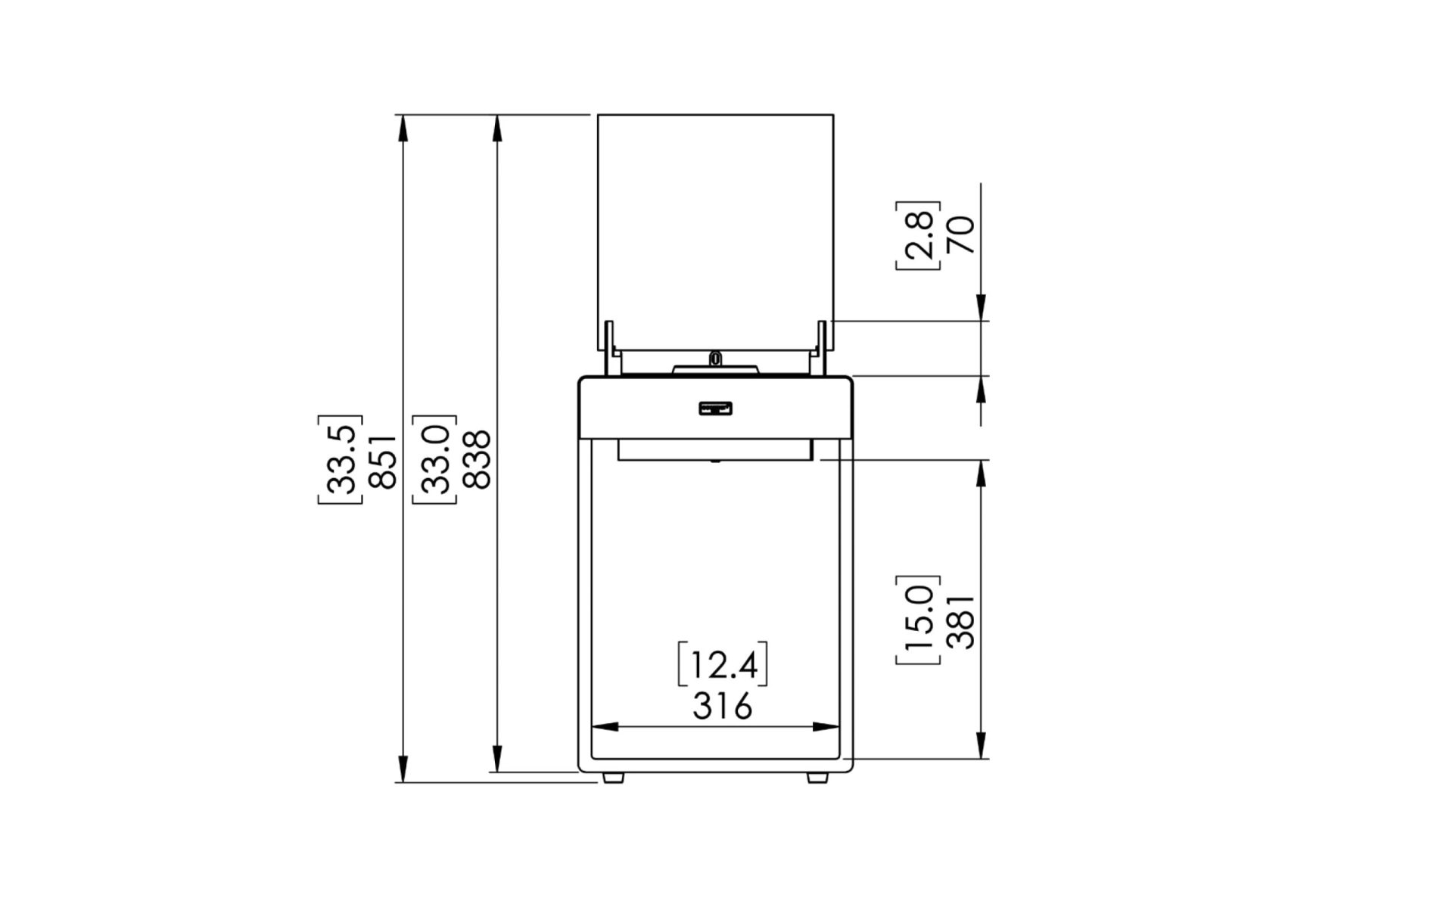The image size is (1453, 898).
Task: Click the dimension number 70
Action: tap(963, 235)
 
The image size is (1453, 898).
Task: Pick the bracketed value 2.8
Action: tap(919, 235)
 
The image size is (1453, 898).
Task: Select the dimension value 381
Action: tap(963, 620)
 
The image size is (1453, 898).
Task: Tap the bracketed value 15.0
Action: tap(919, 620)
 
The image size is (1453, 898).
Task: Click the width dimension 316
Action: tap(723, 707)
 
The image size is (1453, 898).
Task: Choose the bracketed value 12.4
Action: tap(723, 665)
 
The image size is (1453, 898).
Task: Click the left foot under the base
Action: tap(613, 777)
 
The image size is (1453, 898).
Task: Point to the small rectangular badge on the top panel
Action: tap(715, 409)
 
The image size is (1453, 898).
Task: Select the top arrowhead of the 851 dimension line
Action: tap(403, 129)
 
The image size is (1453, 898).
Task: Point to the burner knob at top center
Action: tap(715, 357)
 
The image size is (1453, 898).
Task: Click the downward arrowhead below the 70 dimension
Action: tap(981, 307)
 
